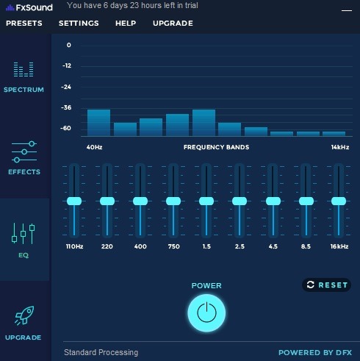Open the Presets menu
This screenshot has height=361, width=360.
click(x=24, y=23)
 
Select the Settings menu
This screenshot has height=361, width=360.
click(x=79, y=23)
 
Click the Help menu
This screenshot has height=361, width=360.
click(x=126, y=23)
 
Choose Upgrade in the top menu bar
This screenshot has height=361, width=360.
click(x=173, y=23)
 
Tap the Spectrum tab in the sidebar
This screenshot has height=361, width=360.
click(x=24, y=77)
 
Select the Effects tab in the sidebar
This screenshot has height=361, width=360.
click(x=24, y=157)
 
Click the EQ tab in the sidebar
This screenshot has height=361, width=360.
click(x=24, y=240)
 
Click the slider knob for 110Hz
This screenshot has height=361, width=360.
click(x=74, y=201)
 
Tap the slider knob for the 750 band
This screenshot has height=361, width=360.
click(x=173, y=201)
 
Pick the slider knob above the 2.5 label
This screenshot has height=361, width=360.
click(x=240, y=201)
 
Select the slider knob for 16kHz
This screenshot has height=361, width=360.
click(x=339, y=201)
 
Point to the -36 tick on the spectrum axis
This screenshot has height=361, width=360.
click(x=67, y=107)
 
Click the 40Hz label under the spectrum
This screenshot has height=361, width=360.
click(x=94, y=147)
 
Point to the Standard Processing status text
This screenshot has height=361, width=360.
click(x=101, y=353)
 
